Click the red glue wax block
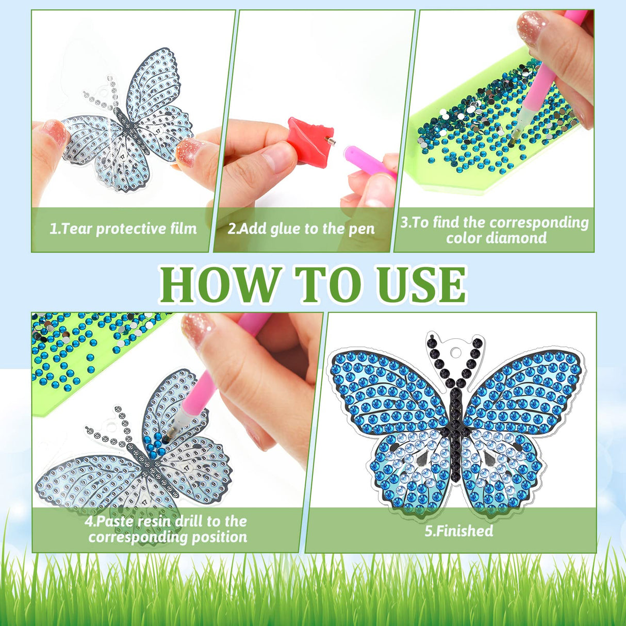(x=308, y=140)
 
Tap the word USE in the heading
(x=421, y=285)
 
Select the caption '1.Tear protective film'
(x=123, y=228)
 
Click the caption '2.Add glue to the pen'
(x=301, y=228)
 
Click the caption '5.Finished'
(x=458, y=531)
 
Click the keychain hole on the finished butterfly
(x=454, y=351)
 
